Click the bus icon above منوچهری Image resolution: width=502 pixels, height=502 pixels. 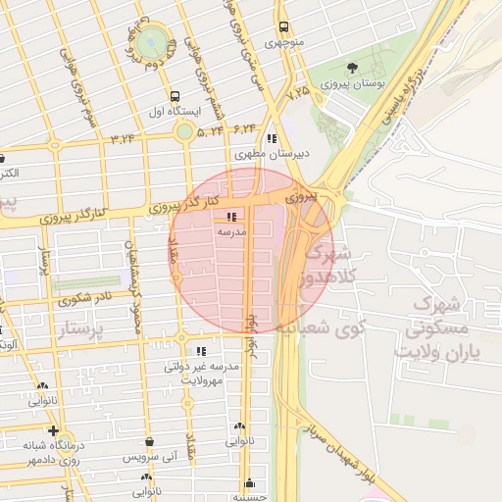283,27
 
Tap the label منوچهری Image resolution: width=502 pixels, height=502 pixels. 283,43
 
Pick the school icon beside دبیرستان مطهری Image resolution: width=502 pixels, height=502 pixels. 271,139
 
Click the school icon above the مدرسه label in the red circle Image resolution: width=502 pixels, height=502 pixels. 231,217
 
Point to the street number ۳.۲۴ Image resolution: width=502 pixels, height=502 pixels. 124,138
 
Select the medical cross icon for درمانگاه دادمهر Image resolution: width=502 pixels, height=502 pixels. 53,430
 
